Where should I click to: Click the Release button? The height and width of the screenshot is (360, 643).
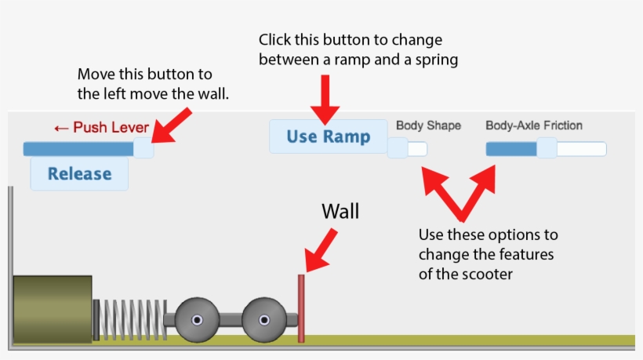tap(79, 173)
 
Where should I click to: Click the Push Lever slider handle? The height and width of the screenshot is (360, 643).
tap(143, 148)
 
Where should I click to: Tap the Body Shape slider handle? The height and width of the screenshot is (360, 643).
tap(398, 148)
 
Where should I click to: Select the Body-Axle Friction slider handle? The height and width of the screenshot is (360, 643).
tap(547, 148)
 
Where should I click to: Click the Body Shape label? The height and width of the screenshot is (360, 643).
tap(428, 125)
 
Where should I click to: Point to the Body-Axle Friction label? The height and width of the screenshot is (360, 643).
tap(534, 125)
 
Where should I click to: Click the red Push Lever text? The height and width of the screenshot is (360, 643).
tap(100, 128)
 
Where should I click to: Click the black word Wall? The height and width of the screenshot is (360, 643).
tap(340, 212)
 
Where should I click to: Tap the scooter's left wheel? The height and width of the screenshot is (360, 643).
tap(196, 320)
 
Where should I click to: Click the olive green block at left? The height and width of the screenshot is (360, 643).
tap(52, 309)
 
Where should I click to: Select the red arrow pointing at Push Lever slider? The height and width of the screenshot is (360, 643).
tap(173, 125)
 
